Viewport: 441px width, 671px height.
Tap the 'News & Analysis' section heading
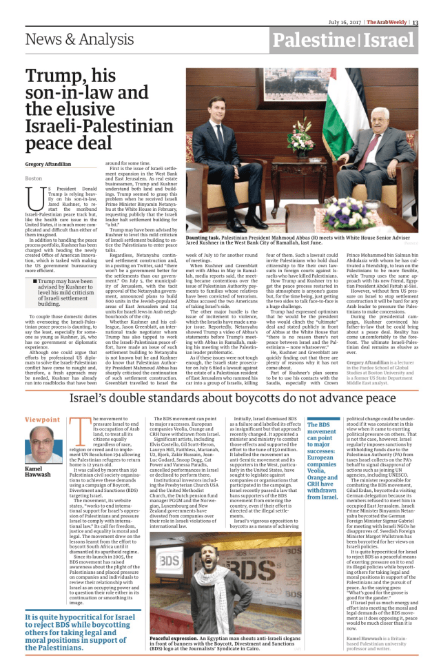tap(72, 41)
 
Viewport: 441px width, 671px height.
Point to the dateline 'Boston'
tap(33, 178)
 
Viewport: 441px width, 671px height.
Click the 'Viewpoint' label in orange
tap(41, 420)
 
